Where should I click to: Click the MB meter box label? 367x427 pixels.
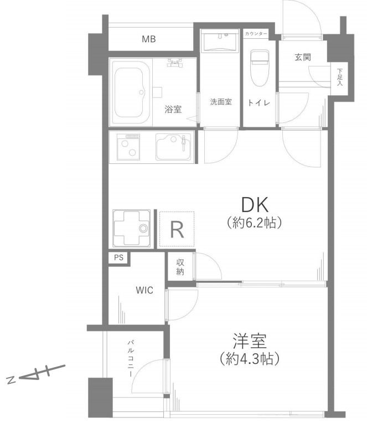pyautogui.click(x=149, y=39)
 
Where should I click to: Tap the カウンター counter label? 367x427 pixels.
pyautogui.click(x=256, y=34)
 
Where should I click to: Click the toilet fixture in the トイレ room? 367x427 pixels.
pyautogui.click(x=260, y=68)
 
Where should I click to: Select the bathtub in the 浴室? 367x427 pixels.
pyautogui.click(x=131, y=92)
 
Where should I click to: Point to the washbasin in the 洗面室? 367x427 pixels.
pyautogui.click(x=220, y=42)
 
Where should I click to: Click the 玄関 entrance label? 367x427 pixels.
pyautogui.click(x=303, y=58)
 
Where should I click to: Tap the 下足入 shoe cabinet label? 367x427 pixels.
pyautogui.click(x=339, y=77)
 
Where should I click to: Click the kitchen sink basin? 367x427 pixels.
pyautogui.click(x=173, y=147)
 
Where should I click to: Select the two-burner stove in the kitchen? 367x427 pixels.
pyautogui.click(x=128, y=147)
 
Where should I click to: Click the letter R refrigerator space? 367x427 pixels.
pyautogui.click(x=177, y=229)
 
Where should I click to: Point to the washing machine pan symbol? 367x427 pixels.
pyautogui.click(x=132, y=229)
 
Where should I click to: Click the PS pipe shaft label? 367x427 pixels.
pyautogui.click(x=118, y=258)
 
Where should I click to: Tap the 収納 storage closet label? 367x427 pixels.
pyautogui.click(x=180, y=267)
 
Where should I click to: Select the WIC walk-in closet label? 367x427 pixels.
pyautogui.click(x=144, y=290)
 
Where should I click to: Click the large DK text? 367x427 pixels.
pyautogui.click(x=255, y=205)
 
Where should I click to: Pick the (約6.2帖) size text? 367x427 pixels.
pyautogui.click(x=254, y=223)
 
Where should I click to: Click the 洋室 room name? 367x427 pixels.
pyautogui.click(x=250, y=341)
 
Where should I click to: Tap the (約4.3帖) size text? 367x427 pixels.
pyautogui.click(x=250, y=359)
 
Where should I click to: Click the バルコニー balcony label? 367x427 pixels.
pyautogui.click(x=131, y=358)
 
